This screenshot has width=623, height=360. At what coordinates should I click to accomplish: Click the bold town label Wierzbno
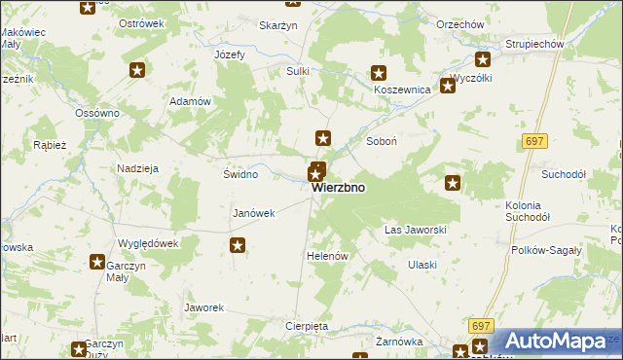[340, 189]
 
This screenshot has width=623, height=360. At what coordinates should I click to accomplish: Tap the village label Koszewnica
[402, 89]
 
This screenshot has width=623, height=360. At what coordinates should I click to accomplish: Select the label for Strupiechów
[535, 45]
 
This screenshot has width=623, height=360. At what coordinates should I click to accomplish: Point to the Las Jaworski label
[416, 231]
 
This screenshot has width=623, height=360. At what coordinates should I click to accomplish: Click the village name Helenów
[327, 255]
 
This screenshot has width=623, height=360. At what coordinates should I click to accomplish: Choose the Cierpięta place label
[308, 326]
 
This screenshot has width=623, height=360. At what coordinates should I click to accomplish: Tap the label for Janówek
[255, 213]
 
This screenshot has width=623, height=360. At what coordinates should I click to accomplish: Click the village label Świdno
[240, 175]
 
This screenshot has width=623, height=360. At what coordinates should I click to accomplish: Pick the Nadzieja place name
[137, 168]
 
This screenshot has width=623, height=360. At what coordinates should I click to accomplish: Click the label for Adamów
[191, 101]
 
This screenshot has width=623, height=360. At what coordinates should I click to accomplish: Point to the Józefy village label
[230, 54]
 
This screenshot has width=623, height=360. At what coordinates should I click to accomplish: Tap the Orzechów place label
[434, 24]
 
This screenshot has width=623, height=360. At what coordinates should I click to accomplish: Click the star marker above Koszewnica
[380, 72]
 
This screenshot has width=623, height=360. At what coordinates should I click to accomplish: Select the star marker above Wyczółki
[448, 86]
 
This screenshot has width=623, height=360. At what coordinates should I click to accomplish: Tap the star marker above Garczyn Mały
[97, 261]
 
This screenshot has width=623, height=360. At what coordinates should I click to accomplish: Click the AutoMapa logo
[556, 342]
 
